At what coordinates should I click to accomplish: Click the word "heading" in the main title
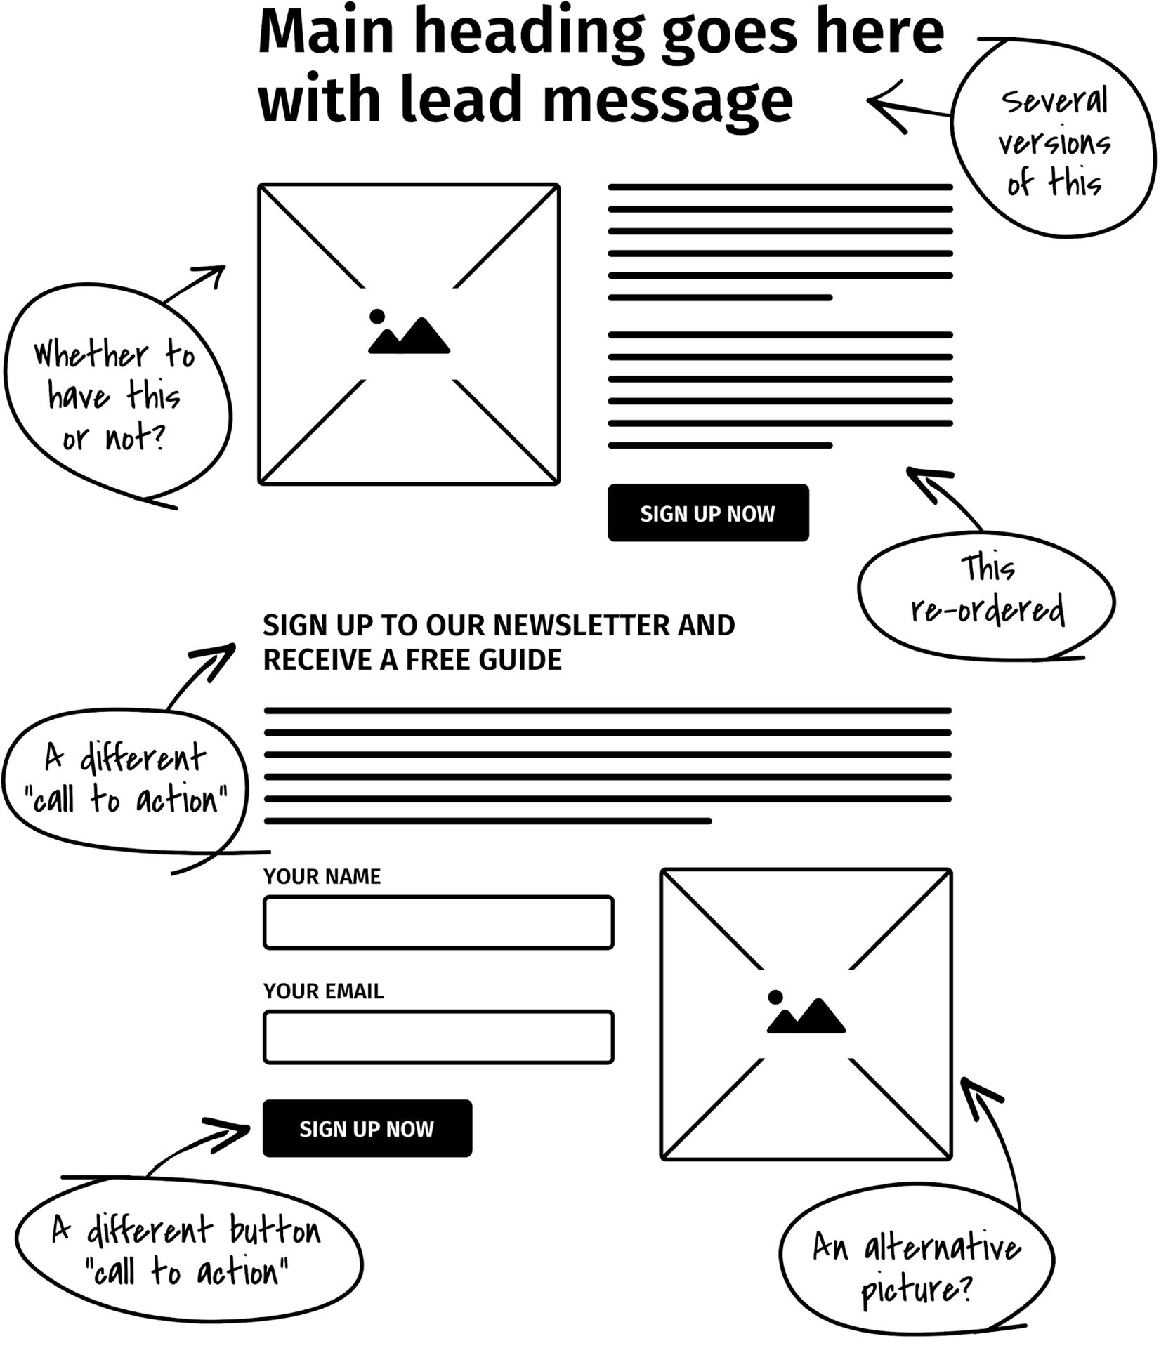[x=527, y=33]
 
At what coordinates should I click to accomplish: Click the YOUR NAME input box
[x=438, y=923]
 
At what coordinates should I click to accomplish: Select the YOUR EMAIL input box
[x=438, y=1037]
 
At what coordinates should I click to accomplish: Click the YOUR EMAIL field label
[x=323, y=991]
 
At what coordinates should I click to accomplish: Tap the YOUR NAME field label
[x=322, y=876]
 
